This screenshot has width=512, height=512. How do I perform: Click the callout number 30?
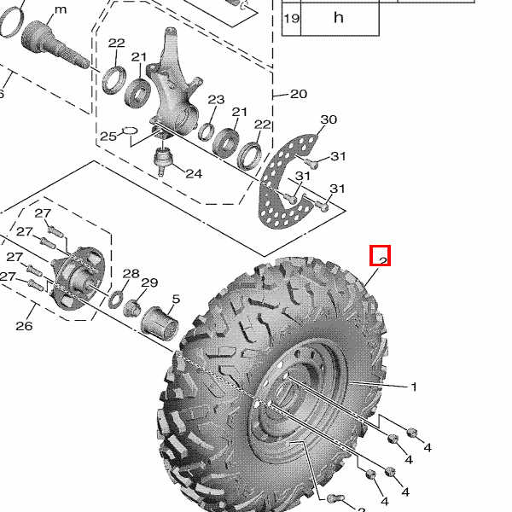tap(329, 119)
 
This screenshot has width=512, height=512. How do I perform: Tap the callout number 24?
tap(194, 173)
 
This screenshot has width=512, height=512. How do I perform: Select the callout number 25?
tap(108, 137)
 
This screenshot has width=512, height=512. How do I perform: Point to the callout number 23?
tap(216, 100)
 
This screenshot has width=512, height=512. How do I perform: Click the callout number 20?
tap(299, 94)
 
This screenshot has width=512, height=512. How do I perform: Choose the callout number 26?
tap(24, 326)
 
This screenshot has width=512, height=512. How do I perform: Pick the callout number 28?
tap(131, 274)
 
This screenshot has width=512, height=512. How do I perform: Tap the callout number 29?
tap(149, 282)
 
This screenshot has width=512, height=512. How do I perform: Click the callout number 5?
tap(176, 299)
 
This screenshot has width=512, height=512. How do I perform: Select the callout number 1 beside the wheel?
tap(414, 387)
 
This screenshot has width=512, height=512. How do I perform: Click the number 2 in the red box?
tap(383, 260)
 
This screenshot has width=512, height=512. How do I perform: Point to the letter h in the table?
tap(339, 18)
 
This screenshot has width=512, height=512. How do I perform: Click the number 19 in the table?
tap(291, 18)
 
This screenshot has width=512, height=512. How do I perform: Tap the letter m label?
tap(61, 9)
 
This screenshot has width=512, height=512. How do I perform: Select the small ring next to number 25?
tap(130, 131)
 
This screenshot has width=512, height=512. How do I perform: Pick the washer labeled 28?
tap(115, 300)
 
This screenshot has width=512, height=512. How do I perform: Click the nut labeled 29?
tap(132, 307)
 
